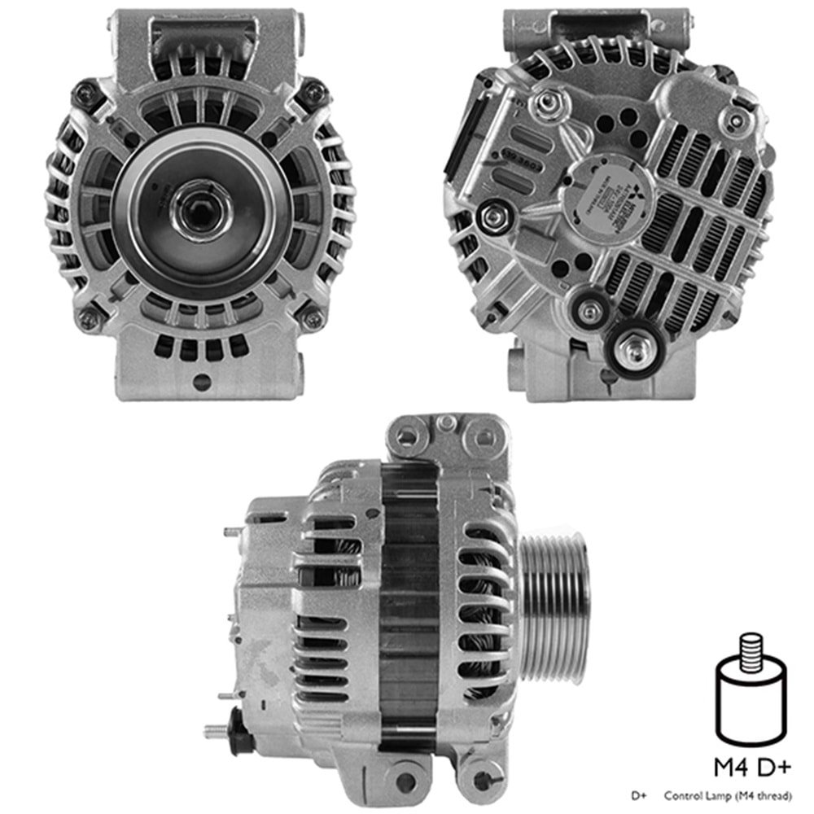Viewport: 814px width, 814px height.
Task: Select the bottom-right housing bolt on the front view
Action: click(312, 318)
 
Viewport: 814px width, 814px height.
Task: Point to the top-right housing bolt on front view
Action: click(312, 95)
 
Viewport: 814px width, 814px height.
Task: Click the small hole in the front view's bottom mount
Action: click(202, 381)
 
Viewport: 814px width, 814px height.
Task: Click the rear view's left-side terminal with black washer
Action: click(491, 217)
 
